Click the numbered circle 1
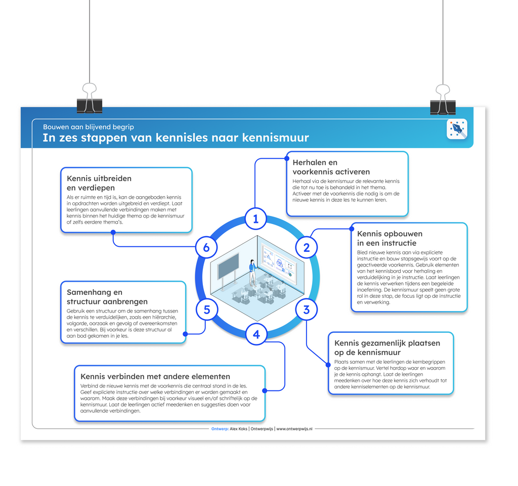pos(256,219)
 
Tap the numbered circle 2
pos(306,248)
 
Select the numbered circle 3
pos(306,309)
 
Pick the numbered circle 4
pos(256,334)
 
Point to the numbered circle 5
pos(206,309)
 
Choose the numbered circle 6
pos(206,248)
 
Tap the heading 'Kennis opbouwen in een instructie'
pos(390,239)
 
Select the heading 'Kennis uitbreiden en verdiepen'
pos(99,183)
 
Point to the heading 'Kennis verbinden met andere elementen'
pos(155,376)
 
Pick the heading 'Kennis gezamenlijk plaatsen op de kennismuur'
pos(387,347)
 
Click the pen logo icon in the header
pos(457,129)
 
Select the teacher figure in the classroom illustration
pos(252,272)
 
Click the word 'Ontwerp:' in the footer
pos(220,428)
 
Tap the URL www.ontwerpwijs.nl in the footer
pos(294,428)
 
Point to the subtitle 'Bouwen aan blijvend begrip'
pos(89,127)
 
